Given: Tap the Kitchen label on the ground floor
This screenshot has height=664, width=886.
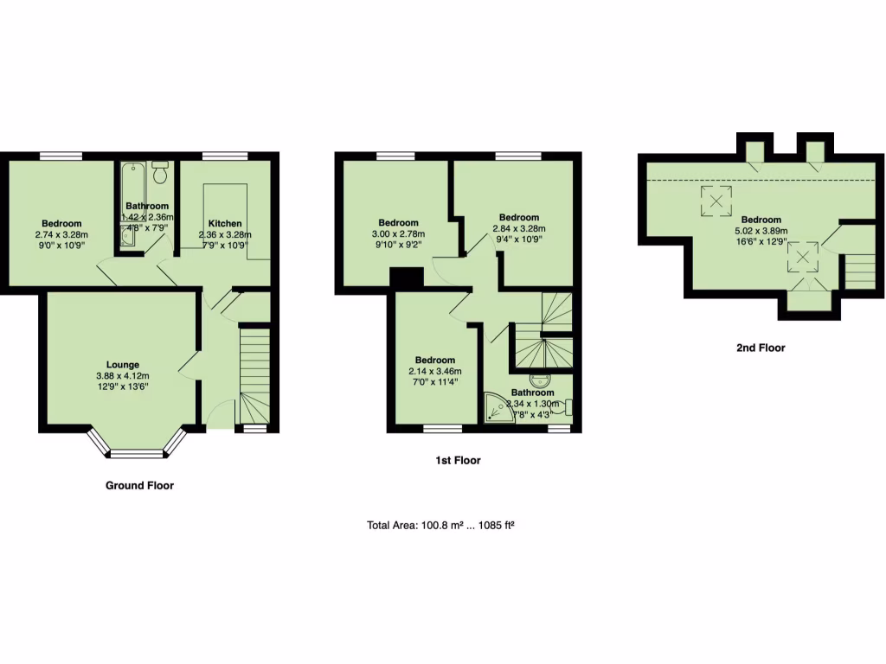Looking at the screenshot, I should [x=224, y=224].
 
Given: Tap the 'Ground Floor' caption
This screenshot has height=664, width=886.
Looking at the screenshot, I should [x=139, y=486].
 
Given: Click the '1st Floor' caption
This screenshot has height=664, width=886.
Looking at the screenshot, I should [x=458, y=461].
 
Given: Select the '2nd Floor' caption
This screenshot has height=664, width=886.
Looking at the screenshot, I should [x=761, y=348].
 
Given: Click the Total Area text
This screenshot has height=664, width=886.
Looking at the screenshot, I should [x=446, y=525].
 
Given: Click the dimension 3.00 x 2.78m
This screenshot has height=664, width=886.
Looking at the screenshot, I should [x=398, y=233].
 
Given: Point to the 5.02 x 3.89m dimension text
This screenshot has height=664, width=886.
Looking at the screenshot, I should [x=761, y=231].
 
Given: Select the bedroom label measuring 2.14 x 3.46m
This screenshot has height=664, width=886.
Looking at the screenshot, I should [x=434, y=361].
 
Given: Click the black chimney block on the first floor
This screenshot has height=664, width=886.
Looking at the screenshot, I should [x=406, y=278].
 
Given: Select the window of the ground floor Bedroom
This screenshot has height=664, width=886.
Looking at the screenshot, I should [x=61, y=156].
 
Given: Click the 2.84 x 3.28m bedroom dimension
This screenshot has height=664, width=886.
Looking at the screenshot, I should [x=518, y=229].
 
